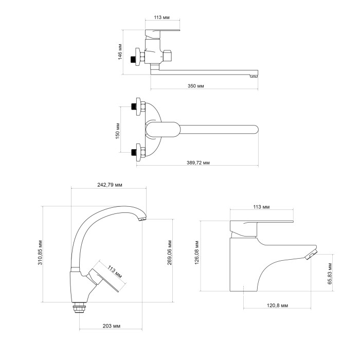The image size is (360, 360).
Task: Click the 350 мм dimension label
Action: point(195,86)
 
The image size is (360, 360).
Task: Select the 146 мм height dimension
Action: point(120,51)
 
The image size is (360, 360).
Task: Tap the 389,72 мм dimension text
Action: point(198,163)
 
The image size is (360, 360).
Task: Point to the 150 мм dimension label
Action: point(118,131)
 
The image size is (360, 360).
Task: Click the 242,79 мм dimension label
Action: point(110,185)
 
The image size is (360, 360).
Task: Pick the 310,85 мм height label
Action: point(40,253)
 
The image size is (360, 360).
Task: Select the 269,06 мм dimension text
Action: point(170,253)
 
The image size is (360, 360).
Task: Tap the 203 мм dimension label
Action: point(112,326)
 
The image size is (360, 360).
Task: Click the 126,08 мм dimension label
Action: point(197,253)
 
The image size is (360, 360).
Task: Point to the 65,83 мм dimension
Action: point(330,273)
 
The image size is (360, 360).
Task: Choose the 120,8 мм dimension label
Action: point(277,305)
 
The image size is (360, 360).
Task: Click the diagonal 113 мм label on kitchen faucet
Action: point(115,272)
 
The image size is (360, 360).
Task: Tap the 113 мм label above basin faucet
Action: point(261,207)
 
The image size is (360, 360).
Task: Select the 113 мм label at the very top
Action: point(161,17)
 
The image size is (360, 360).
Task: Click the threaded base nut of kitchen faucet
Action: point(79,309)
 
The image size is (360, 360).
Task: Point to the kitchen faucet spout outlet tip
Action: point(142,220)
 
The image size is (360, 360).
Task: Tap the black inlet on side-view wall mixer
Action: point(133,59)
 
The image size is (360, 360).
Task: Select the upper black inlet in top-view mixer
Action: point(133,106)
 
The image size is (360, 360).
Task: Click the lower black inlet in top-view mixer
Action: point(133,152)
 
